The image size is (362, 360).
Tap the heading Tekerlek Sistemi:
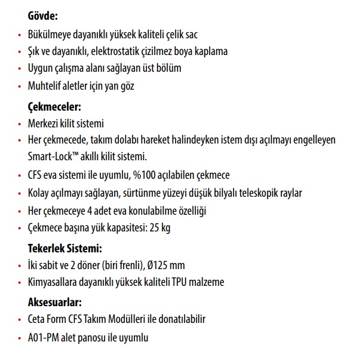pyautogui.click(x=65, y=248)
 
